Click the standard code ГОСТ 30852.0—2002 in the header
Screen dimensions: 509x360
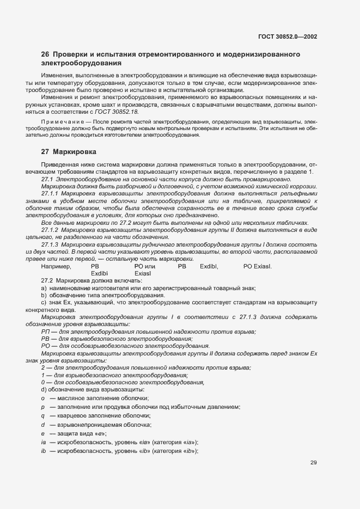point(288,36)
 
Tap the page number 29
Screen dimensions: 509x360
point(314,463)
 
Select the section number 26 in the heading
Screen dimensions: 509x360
point(45,54)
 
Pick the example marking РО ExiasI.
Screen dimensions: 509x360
point(257,266)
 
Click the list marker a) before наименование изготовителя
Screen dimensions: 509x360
point(44,287)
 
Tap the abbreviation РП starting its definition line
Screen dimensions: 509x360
point(45,332)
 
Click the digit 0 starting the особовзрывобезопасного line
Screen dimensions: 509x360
point(42,383)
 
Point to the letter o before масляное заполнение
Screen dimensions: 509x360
point(42,398)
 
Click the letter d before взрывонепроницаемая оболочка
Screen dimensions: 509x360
point(42,424)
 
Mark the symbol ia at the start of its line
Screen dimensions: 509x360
point(43,442)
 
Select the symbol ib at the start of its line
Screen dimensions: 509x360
point(43,451)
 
